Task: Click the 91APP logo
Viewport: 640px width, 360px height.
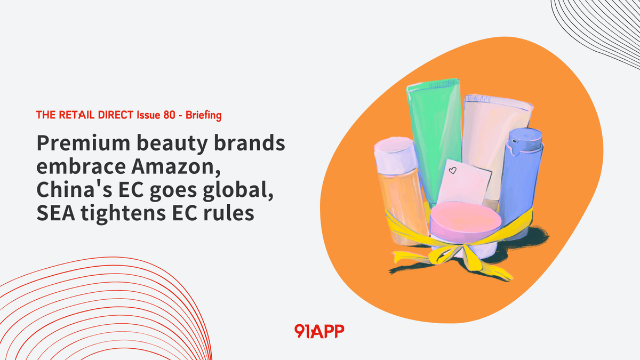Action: coord(319,331)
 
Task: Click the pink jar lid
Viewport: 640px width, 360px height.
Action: coord(466,219)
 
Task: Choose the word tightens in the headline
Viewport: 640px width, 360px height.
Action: coord(123,213)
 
